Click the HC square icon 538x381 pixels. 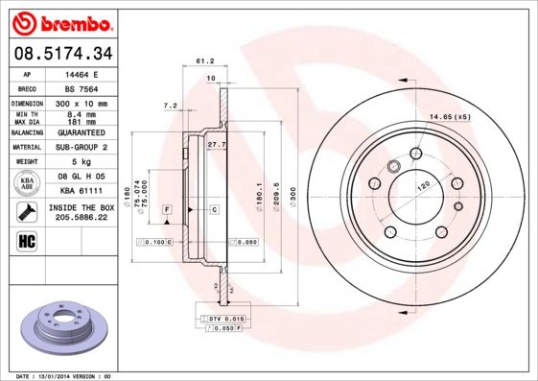(28, 240)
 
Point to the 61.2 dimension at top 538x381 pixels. (204, 60)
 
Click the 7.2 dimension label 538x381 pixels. (171, 105)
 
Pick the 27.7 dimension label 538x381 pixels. (216, 144)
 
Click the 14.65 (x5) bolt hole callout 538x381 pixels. (450, 116)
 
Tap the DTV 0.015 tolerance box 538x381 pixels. (226, 318)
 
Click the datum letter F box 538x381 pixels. (167, 208)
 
